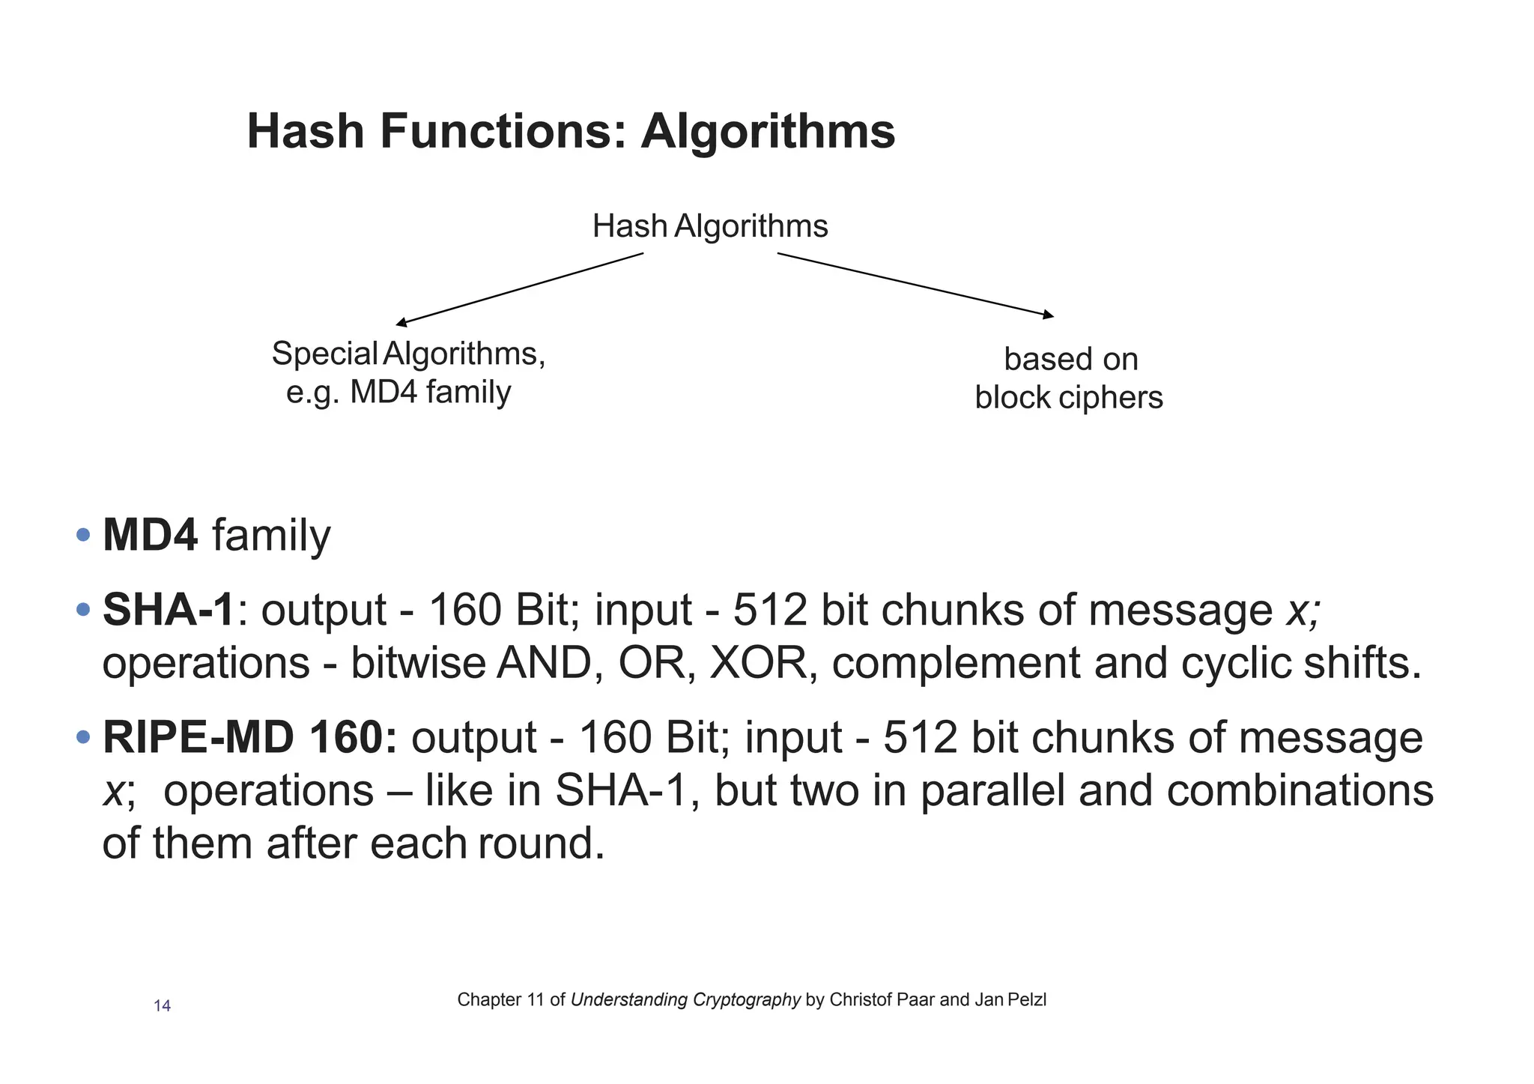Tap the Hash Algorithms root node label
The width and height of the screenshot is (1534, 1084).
[x=709, y=225]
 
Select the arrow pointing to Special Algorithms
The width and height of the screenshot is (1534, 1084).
[x=519, y=288]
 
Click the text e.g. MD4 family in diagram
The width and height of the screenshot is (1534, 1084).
[x=398, y=392]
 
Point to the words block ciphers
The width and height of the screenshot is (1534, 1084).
[x=1068, y=397]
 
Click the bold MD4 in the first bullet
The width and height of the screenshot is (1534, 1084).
[x=150, y=536]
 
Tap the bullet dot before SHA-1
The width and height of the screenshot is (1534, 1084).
[x=83, y=608]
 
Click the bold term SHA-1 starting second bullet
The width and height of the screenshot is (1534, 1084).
[x=169, y=609]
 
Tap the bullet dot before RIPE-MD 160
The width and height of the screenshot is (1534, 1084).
[x=83, y=737]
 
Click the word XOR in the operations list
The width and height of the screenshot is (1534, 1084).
[x=757, y=663]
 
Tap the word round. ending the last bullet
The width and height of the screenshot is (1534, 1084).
[x=541, y=844]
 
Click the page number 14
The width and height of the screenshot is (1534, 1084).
[x=162, y=1006]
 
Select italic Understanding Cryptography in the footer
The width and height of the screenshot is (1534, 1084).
[x=685, y=999]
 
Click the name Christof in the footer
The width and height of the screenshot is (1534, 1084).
[x=861, y=999]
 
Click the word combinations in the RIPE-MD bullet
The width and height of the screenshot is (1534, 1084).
[x=1299, y=791]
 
